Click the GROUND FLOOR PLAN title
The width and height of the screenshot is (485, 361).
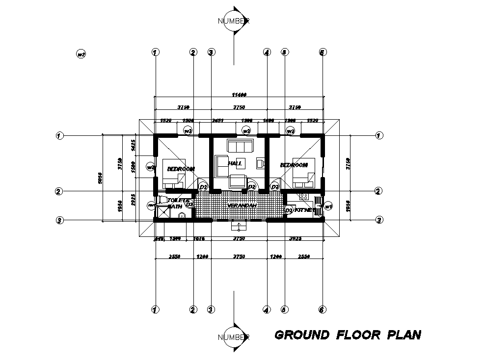pyautogui.click(x=348, y=335)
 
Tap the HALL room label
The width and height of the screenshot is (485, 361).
pyautogui.click(x=235, y=163)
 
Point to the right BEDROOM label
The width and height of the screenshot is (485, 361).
pyautogui.click(x=294, y=165)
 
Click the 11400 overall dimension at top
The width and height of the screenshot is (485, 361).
pyautogui.click(x=239, y=94)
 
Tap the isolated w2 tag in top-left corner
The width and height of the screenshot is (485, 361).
pyautogui.click(x=81, y=54)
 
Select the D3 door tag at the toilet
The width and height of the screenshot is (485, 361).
pyautogui.click(x=189, y=204)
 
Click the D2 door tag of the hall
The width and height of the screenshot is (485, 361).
pyautogui.click(x=252, y=187)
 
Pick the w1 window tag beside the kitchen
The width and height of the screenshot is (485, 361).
pyautogui.click(x=328, y=206)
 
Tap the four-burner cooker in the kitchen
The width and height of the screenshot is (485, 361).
pyautogui.click(x=303, y=196)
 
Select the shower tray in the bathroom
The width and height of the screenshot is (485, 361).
pyautogui.click(x=162, y=212)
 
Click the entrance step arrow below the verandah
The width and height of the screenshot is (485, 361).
pyautogui.click(x=239, y=226)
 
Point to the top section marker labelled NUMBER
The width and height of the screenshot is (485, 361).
pyautogui.click(x=234, y=21)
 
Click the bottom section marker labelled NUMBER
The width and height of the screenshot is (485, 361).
pyautogui.click(x=234, y=337)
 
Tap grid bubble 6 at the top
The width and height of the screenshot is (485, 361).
pyautogui.click(x=323, y=52)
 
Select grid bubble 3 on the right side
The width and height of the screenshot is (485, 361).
pyautogui.click(x=379, y=220)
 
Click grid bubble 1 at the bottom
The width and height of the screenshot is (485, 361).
pyautogui.click(x=155, y=309)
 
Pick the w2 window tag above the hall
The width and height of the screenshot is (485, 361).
pyautogui.click(x=246, y=131)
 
